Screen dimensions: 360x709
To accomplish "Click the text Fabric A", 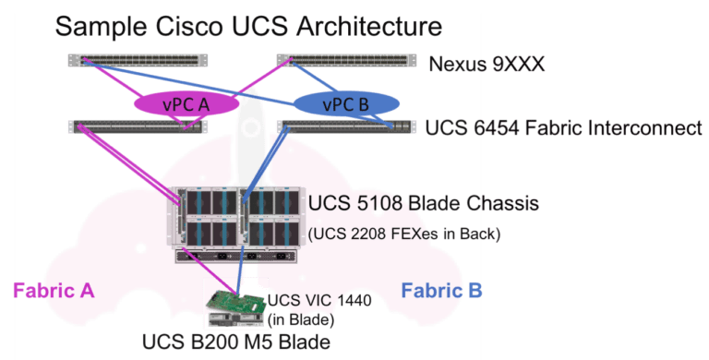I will [x=54, y=292].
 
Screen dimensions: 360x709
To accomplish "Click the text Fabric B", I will [x=441, y=292].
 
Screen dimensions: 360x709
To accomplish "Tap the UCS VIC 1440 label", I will [x=313, y=302].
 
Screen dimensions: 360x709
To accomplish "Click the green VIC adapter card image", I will [x=234, y=303].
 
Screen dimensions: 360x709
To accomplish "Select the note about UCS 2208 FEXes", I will [x=405, y=234].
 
